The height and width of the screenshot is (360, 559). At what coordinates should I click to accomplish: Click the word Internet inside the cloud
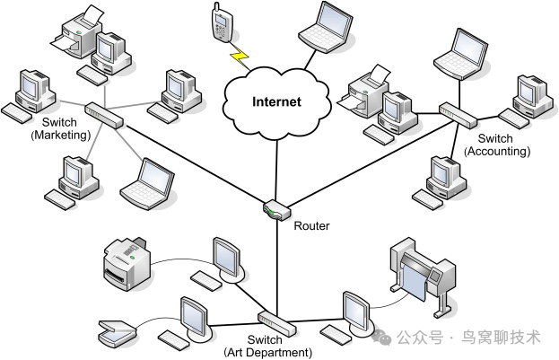click(x=275, y=102)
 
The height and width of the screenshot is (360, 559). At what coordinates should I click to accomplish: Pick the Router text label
click(x=312, y=226)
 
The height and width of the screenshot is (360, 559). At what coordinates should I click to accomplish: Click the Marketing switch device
click(x=105, y=114)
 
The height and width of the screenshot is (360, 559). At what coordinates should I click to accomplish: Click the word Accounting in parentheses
click(x=503, y=152)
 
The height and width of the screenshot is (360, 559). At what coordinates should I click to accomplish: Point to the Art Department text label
click(x=266, y=352)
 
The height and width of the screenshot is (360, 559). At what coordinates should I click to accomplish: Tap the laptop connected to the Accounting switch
click(x=459, y=52)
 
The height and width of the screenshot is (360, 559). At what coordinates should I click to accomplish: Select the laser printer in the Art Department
click(x=127, y=261)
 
